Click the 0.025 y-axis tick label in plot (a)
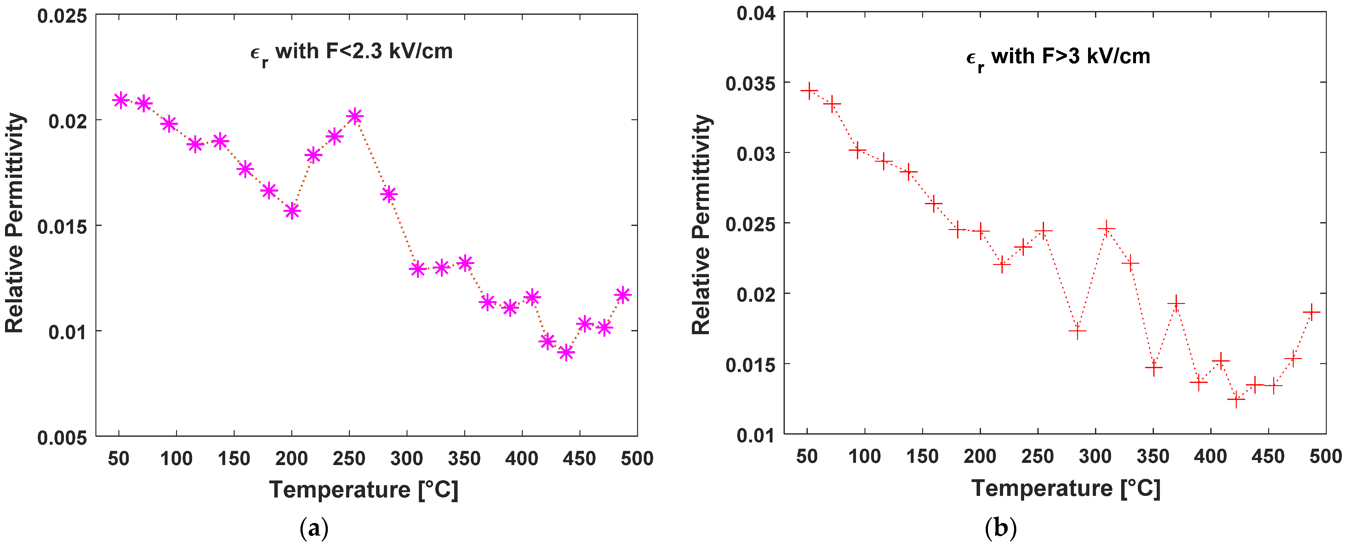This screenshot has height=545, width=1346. (62, 16)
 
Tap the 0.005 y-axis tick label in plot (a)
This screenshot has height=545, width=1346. (62, 437)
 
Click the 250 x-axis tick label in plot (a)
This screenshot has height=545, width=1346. (349, 458)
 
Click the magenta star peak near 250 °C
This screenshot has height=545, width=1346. (355, 116)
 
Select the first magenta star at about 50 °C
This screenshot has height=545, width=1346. (121, 100)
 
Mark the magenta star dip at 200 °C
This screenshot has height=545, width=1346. (292, 211)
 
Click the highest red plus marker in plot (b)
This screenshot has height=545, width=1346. (809, 91)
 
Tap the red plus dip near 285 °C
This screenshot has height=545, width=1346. (1077, 331)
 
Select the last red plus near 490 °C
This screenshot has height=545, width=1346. (1311, 312)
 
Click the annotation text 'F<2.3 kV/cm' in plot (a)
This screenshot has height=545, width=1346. (389, 52)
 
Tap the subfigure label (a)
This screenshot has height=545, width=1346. (314, 529)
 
